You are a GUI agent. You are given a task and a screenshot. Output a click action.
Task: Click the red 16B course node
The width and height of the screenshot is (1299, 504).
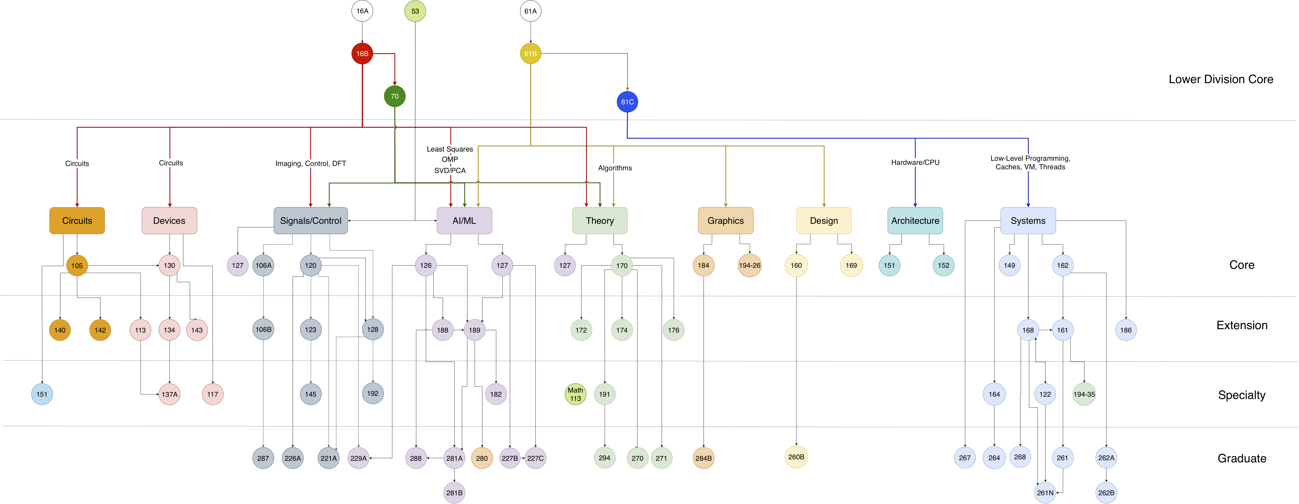(x=362, y=53)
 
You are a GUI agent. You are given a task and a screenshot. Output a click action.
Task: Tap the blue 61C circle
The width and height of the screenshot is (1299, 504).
(x=627, y=102)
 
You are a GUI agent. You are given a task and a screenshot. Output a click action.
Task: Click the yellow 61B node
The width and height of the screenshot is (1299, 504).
(x=530, y=53)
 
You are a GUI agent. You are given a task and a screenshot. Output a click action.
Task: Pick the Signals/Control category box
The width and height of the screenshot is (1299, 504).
(x=311, y=220)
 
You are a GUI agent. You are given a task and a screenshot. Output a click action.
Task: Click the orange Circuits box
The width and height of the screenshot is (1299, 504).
(x=77, y=220)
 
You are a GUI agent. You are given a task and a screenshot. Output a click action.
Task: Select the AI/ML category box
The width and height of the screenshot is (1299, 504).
(x=464, y=220)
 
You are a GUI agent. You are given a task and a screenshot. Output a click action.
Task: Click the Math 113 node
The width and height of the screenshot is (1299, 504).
(x=575, y=394)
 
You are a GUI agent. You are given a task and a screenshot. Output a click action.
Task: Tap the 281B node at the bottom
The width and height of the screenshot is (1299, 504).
(x=454, y=492)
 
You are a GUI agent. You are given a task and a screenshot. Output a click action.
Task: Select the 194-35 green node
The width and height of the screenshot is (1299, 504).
(x=1084, y=394)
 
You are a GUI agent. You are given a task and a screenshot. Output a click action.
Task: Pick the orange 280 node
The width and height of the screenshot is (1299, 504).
(x=482, y=458)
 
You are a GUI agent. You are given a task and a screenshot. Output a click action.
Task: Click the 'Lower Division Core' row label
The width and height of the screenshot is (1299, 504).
(x=1221, y=79)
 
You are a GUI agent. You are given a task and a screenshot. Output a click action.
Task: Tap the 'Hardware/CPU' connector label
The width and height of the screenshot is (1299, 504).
(x=915, y=162)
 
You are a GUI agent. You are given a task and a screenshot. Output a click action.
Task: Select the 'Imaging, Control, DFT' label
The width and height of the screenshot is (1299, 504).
(x=311, y=163)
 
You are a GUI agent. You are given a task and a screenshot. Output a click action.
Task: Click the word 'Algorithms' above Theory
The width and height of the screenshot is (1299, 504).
(x=615, y=168)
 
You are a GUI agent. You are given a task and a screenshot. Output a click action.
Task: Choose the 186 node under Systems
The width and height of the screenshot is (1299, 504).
(x=1126, y=330)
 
